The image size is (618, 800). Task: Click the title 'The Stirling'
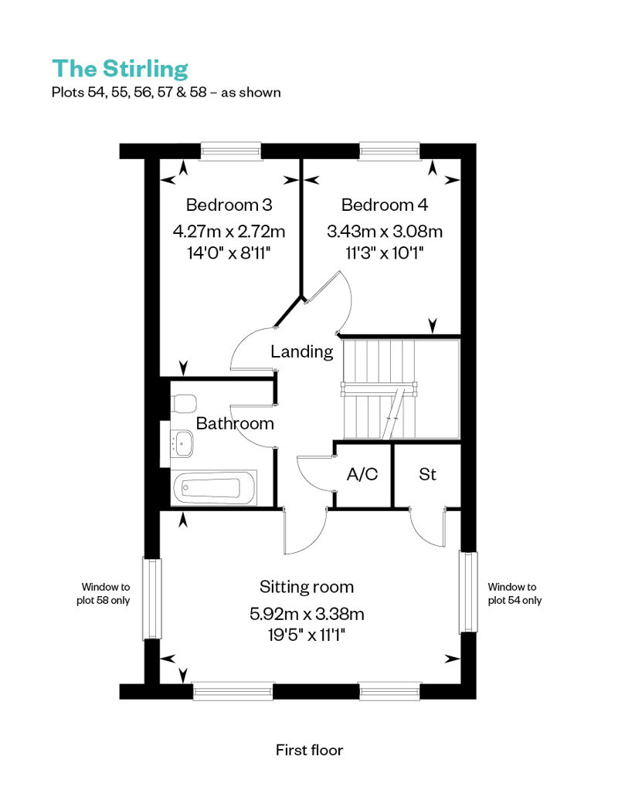[120, 69]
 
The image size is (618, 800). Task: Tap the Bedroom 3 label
[229, 205]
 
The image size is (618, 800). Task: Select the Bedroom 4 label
[384, 205]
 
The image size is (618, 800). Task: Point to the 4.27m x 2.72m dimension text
[229, 232]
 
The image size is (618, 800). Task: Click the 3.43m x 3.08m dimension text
[384, 232]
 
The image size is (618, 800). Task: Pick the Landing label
[301, 351]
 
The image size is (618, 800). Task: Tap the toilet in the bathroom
[184, 403]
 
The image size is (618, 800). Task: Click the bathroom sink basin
[182, 443]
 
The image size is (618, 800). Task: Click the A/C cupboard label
[362, 474]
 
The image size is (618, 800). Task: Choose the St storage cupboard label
[427, 474]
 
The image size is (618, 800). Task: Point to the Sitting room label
[306, 587]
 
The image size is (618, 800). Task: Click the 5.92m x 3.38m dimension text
[307, 614]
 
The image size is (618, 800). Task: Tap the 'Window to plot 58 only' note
[104, 594]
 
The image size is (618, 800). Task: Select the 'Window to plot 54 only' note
[514, 594]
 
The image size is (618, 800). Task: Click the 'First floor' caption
[309, 750]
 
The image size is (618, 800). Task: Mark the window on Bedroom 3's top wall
[231, 151]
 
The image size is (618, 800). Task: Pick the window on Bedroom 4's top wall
[390, 151]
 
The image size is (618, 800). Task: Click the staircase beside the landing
[401, 388]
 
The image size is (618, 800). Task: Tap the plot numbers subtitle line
[166, 93]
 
